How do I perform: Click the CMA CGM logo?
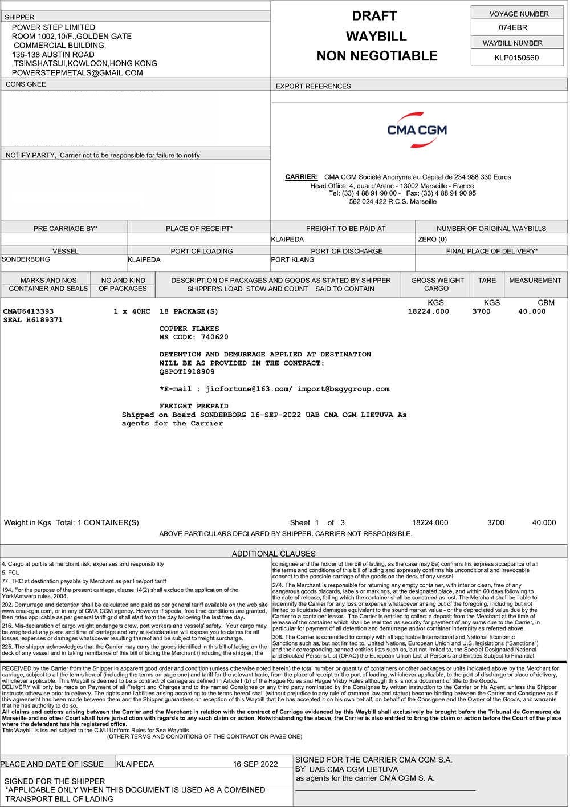[417, 130]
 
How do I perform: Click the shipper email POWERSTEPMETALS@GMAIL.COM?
[77, 73]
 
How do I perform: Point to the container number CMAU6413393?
[28, 311]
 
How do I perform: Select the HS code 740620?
[210, 338]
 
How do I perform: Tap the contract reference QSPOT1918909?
[187, 371]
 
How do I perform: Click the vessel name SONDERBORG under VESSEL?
[26, 259]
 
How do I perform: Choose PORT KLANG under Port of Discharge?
[292, 259]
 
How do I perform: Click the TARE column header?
[487, 280]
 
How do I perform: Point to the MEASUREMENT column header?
[535, 280]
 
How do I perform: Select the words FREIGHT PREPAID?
[194, 406]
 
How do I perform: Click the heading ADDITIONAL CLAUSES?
[274, 553]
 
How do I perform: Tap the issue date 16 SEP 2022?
[255, 764]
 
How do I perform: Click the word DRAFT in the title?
[374, 16]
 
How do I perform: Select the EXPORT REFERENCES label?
[313, 86]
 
